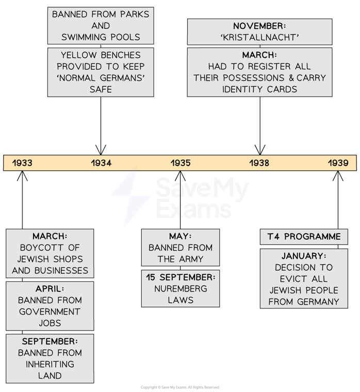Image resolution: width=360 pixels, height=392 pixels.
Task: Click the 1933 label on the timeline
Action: click(22, 163)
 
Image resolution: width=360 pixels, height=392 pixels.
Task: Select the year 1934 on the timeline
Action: click(101, 163)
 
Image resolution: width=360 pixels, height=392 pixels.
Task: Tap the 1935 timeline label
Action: click(181, 163)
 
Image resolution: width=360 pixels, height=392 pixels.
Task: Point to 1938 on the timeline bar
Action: click(260, 163)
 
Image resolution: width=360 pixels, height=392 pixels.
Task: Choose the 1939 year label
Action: click(338, 163)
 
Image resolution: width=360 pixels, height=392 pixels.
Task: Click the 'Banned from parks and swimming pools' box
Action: click(101, 25)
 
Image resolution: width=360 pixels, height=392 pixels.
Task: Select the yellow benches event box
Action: click(101, 72)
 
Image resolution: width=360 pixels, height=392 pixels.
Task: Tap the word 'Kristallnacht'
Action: click(259, 37)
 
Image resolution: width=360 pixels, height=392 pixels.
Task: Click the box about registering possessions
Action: click(259, 72)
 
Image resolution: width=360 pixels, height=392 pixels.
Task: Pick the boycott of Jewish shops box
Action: click(50, 253)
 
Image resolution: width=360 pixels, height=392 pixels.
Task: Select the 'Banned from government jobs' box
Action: click(50, 306)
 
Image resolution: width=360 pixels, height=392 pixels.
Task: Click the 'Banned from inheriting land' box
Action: click(50, 358)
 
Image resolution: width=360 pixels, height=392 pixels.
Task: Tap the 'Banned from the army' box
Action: click(181, 248)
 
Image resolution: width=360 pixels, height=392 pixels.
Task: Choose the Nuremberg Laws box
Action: click(181, 288)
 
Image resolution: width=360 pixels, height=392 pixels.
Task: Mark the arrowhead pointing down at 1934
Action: click(101, 150)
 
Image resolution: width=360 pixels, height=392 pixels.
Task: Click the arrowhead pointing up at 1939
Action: click(338, 177)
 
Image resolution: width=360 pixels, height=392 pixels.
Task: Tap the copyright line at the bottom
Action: click(180, 387)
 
